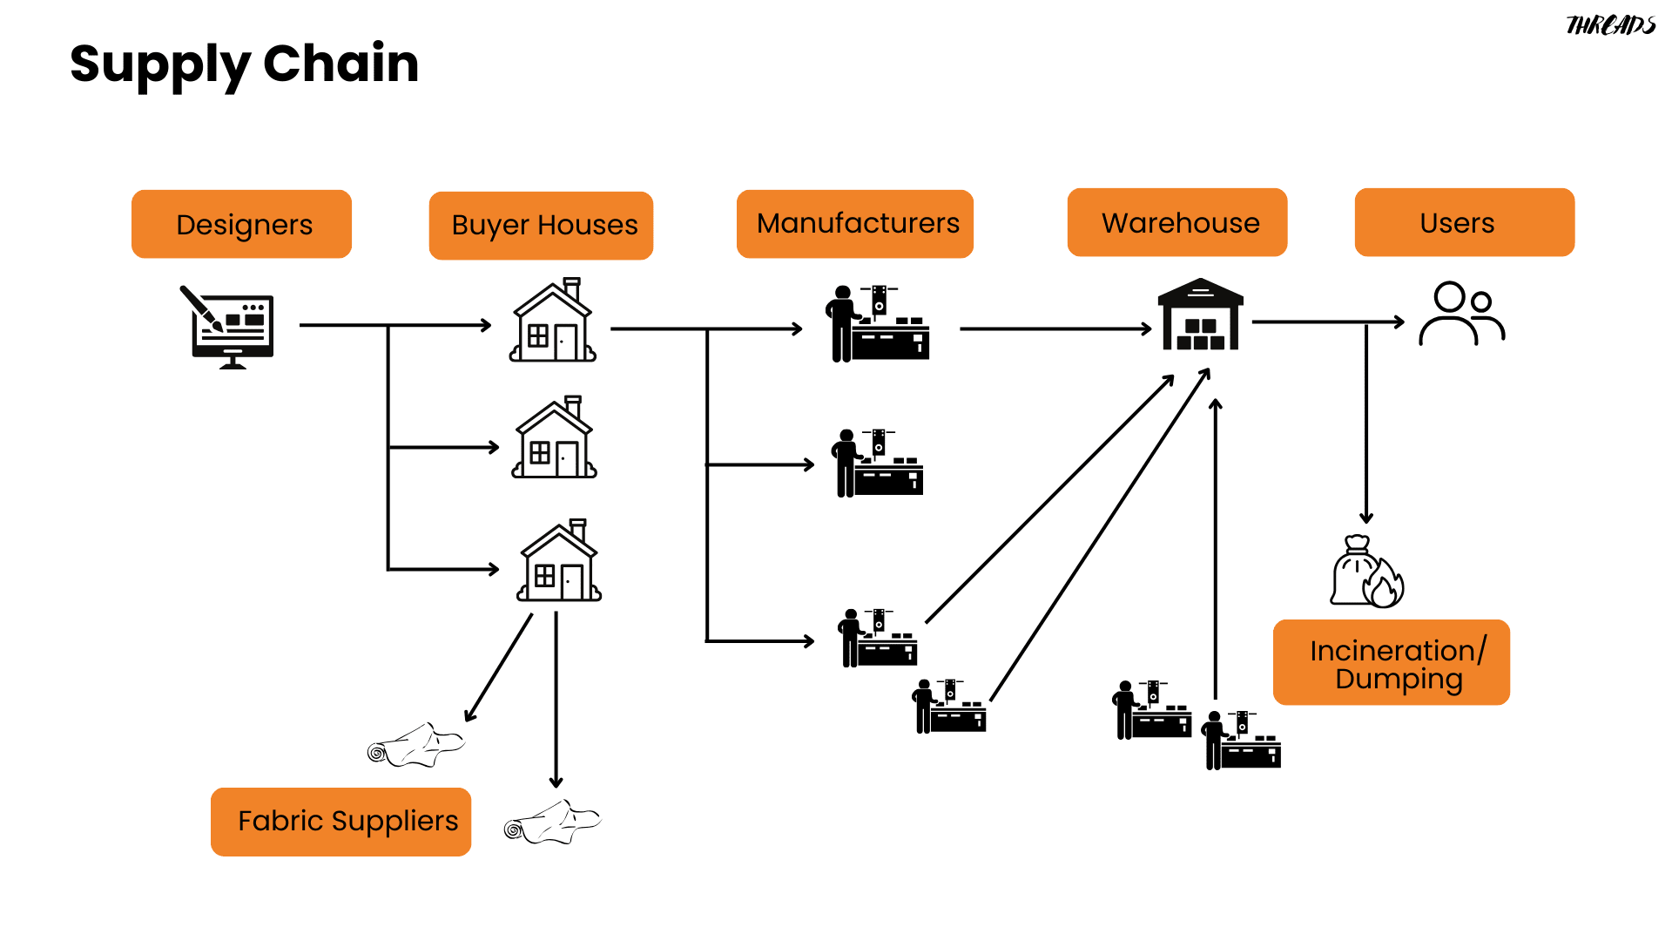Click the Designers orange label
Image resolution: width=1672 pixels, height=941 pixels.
[x=241, y=224]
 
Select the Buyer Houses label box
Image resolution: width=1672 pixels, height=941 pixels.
[x=541, y=226]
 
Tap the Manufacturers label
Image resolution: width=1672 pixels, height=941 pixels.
[x=854, y=224]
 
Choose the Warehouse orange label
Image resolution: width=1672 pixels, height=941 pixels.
[x=1176, y=222]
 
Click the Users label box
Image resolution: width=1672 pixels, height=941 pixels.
[x=1464, y=222]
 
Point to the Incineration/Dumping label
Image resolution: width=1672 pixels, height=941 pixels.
[x=1391, y=663]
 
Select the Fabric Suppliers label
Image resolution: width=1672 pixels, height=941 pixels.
[x=340, y=822]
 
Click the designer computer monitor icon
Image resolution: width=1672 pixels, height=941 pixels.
[x=232, y=328]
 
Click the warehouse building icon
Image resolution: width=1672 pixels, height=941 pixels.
[x=1200, y=315]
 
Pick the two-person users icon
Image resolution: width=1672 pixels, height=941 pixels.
[x=1460, y=314]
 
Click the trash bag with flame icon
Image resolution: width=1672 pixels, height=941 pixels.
[x=1365, y=572]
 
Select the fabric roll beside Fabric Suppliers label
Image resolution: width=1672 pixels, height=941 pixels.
[x=552, y=822]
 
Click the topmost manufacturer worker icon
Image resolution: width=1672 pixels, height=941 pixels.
[x=877, y=323]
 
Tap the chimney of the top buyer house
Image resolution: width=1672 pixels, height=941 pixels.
[x=572, y=288]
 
